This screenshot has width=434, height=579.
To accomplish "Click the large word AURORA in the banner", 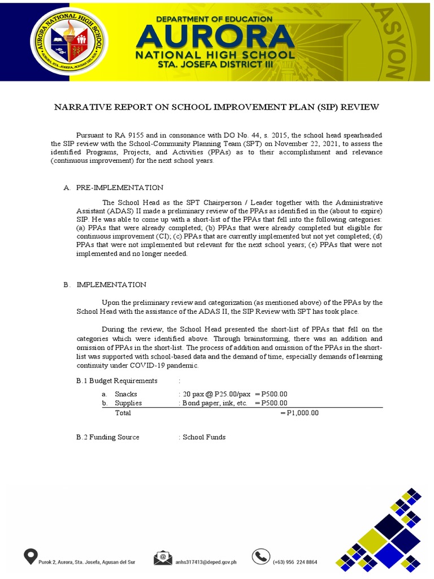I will click(x=215, y=37).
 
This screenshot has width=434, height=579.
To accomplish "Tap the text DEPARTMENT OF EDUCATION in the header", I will click(x=214, y=19).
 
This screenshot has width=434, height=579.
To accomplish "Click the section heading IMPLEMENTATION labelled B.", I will click(x=111, y=284).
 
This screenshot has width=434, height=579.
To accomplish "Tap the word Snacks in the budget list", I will click(x=125, y=394).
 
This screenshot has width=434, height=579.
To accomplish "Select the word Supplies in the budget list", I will click(x=128, y=403).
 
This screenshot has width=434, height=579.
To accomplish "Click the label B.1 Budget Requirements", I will click(x=116, y=381).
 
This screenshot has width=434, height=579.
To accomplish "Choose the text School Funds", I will click(x=204, y=437).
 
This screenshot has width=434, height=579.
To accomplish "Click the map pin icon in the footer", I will click(x=30, y=556).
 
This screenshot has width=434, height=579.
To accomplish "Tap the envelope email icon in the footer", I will click(x=163, y=558).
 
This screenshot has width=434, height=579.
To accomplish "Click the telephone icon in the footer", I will click(x=261, y=557).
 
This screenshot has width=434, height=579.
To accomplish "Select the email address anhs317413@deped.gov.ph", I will click(x=206, y=562).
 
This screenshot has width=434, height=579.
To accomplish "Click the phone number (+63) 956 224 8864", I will click(x=294, y=562).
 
